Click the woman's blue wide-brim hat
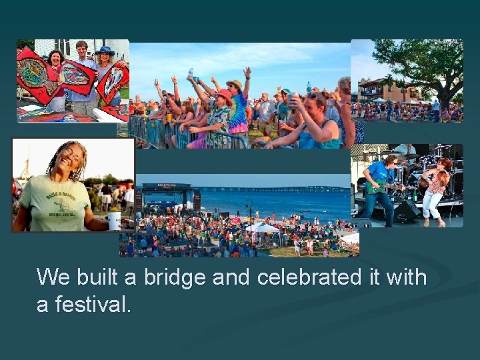[105, 51]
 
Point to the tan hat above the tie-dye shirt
[234, 84]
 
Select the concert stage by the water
[167, 197]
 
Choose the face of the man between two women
[82, 51]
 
